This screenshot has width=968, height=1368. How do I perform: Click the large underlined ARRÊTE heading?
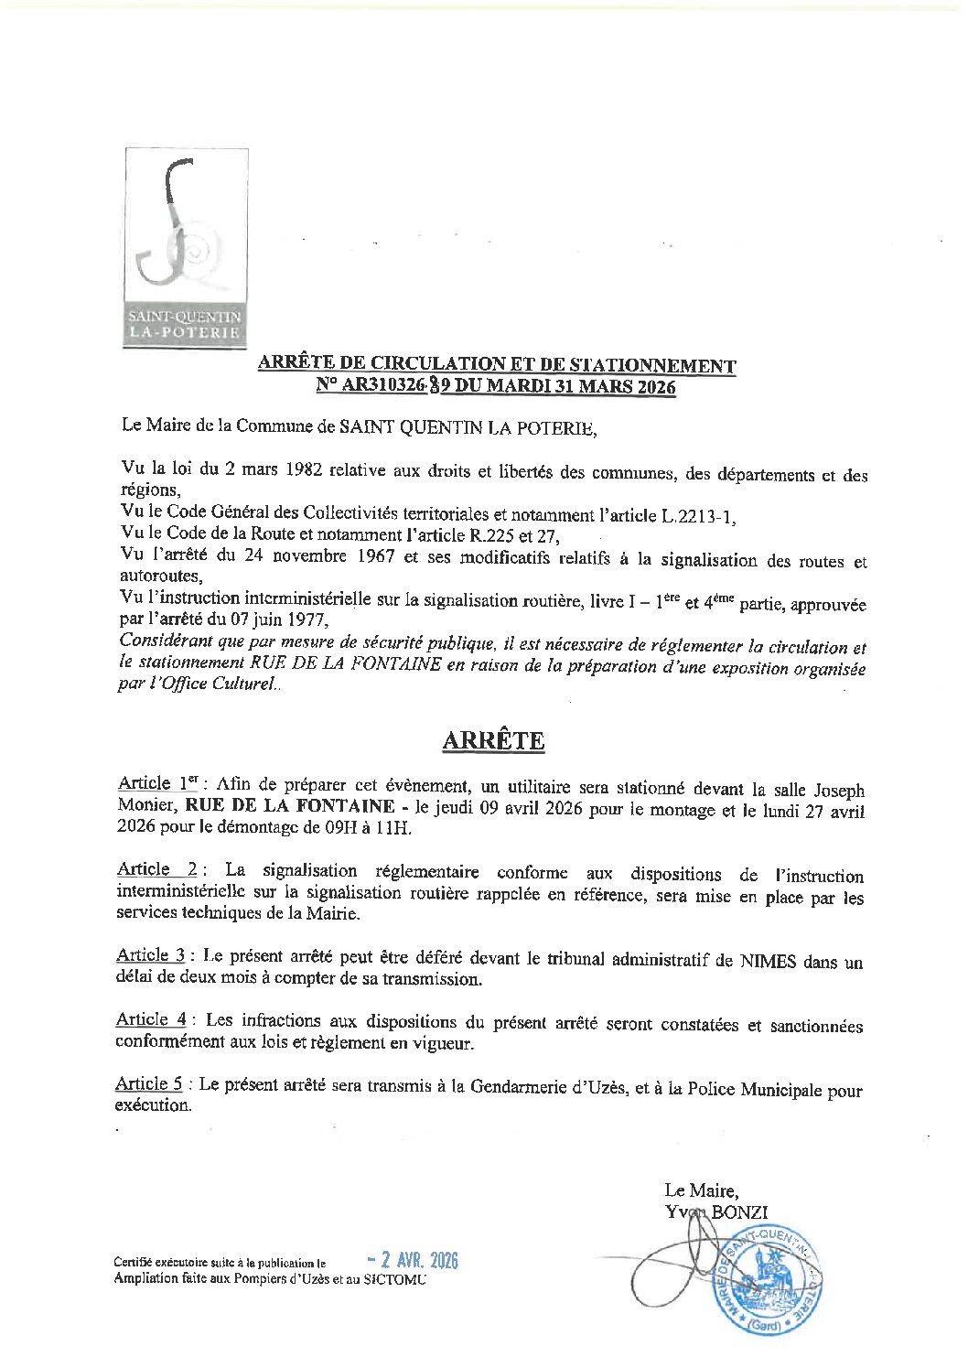(x=493, y=740)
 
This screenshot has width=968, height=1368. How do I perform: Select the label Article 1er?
(x=157, y=783)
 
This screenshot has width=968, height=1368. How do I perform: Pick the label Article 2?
(x=156, y=869)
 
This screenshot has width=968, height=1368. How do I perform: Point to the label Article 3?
(x=151, y=955)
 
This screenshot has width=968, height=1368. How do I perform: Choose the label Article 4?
(x=151, y=1019)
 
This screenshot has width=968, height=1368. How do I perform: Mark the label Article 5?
(x=150, y=1084)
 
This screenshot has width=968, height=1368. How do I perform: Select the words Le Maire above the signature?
(x=700, y=1190)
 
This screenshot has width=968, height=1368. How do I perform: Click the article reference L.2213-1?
(x=697, y=516)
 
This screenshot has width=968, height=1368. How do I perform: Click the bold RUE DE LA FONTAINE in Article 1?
(x=290, y=806)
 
